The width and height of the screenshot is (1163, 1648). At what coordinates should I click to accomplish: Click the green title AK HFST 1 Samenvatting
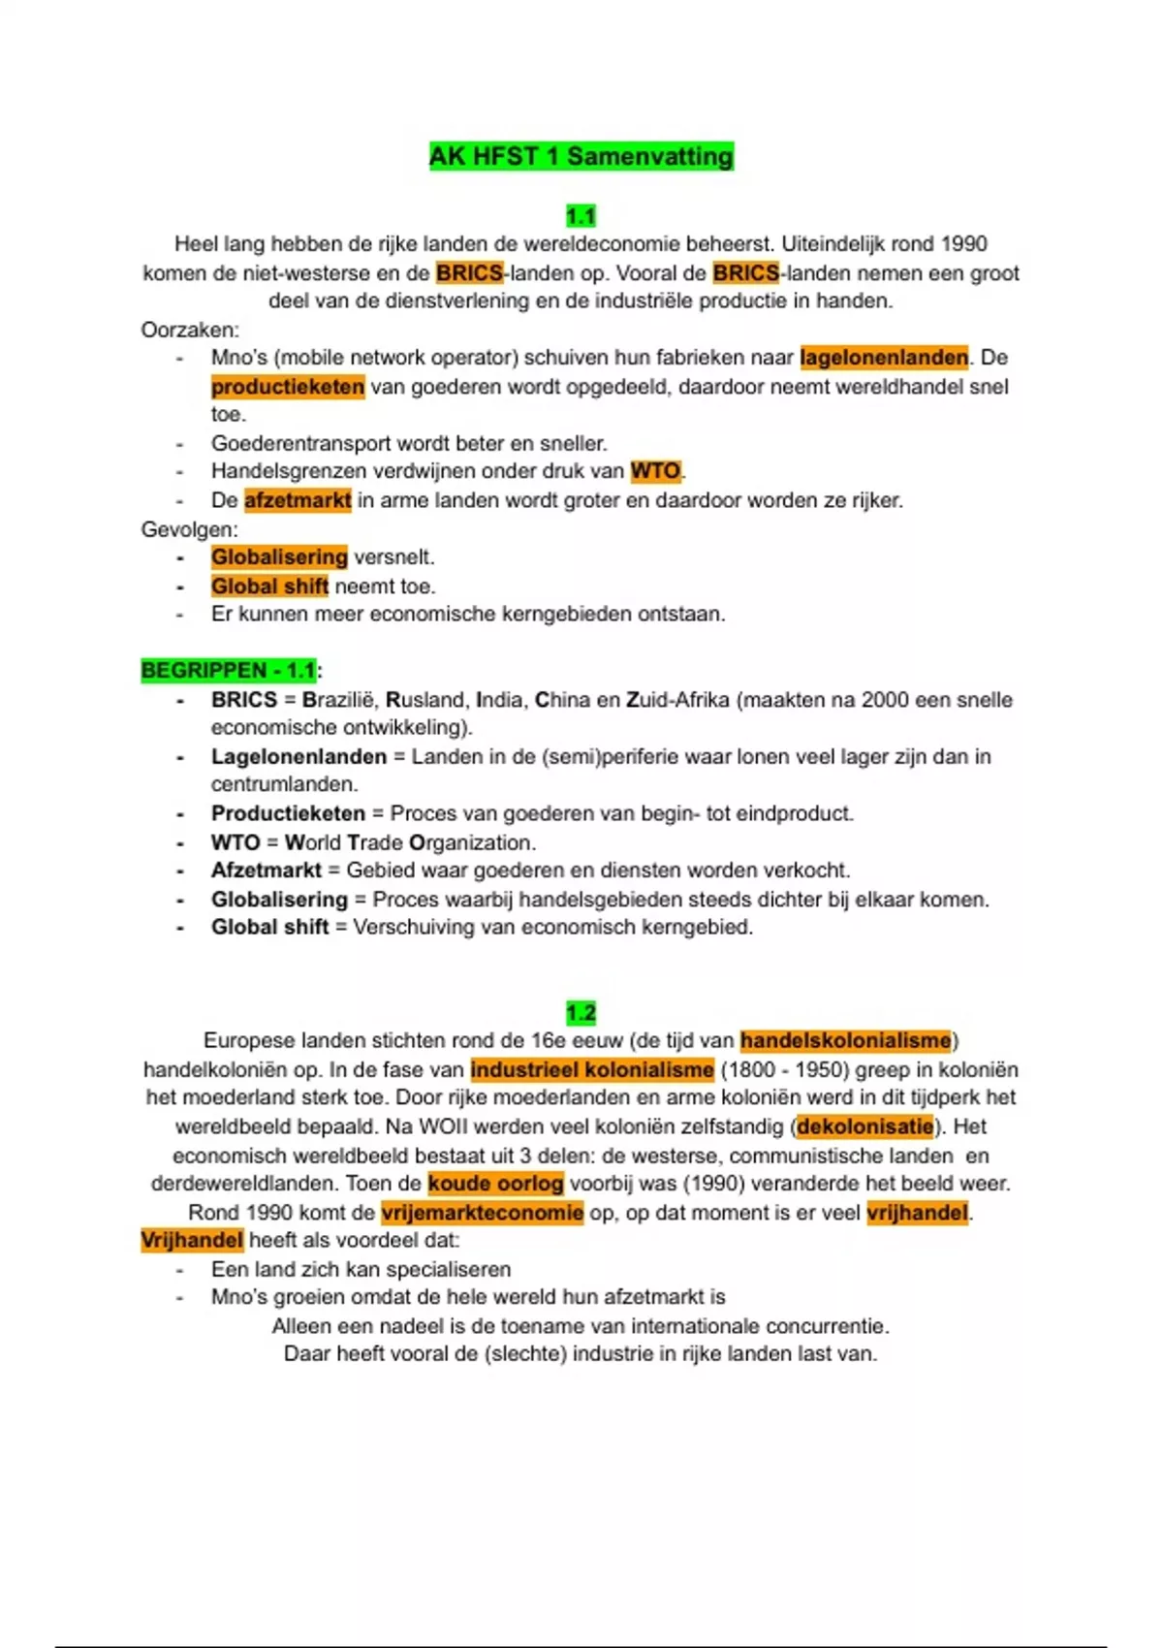pos(581,156)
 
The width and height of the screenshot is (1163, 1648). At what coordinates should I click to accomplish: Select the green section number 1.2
pos(581,1013)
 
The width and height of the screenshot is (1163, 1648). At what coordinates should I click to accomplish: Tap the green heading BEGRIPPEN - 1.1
pos(229,670)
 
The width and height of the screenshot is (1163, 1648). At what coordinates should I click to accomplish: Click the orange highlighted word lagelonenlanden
pos(884,358)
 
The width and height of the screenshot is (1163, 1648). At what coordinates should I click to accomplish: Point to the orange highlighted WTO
pos(656,471)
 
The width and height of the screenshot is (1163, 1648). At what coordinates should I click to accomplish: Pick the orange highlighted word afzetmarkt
pos(298,500)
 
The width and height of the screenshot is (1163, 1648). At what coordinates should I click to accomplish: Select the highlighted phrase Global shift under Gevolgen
pos(269,586)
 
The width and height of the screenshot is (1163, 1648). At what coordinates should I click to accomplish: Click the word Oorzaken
pos(189,330)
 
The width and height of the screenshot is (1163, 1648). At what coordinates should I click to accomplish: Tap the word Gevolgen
pos(188,529)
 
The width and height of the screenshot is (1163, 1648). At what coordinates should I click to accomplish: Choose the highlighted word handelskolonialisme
pos(846,1040)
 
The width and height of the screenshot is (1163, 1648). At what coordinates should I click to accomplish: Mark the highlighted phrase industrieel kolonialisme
pos(592,1069)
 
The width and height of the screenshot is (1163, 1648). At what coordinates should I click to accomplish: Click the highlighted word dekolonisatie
pos(864,1126)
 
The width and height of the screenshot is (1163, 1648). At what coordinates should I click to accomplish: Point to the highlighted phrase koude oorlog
pos(495,1183)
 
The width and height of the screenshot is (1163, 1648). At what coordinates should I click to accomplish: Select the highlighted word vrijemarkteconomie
pos(483,1212)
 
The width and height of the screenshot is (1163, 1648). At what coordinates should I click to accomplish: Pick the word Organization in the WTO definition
pos(471,842)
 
